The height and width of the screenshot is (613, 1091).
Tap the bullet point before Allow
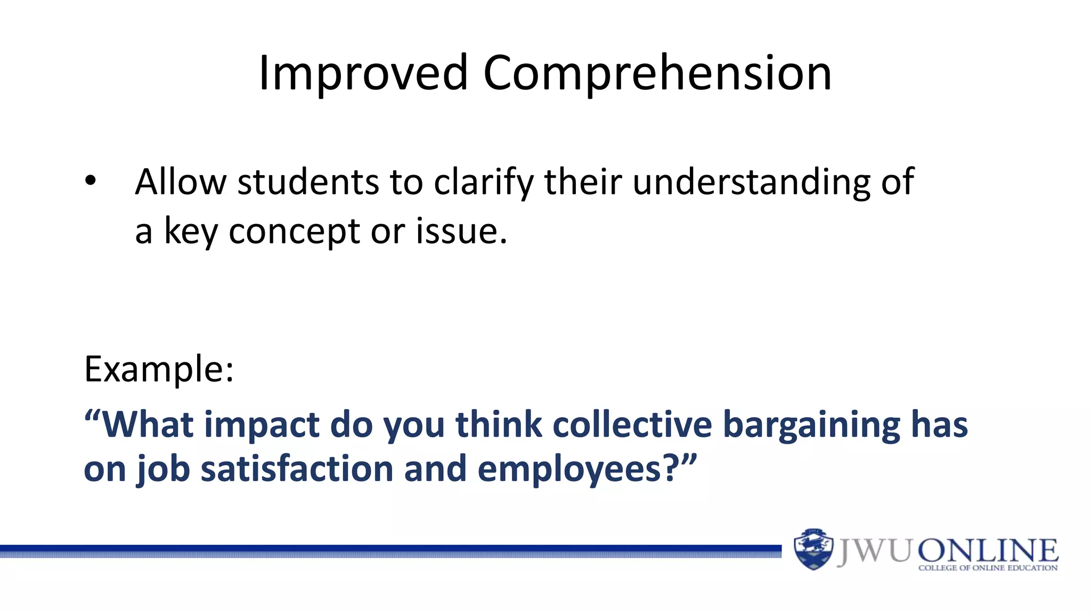click(x=91, y=181)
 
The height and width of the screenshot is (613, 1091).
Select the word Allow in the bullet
click(x=181, y=182)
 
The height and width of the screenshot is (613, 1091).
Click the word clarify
click(x=483, y=182)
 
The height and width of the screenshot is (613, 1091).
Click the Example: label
click(x=159, y=369)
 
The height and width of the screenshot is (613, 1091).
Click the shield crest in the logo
click(x=813, y=549)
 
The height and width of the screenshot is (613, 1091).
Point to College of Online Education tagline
click(x=988, y=568)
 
